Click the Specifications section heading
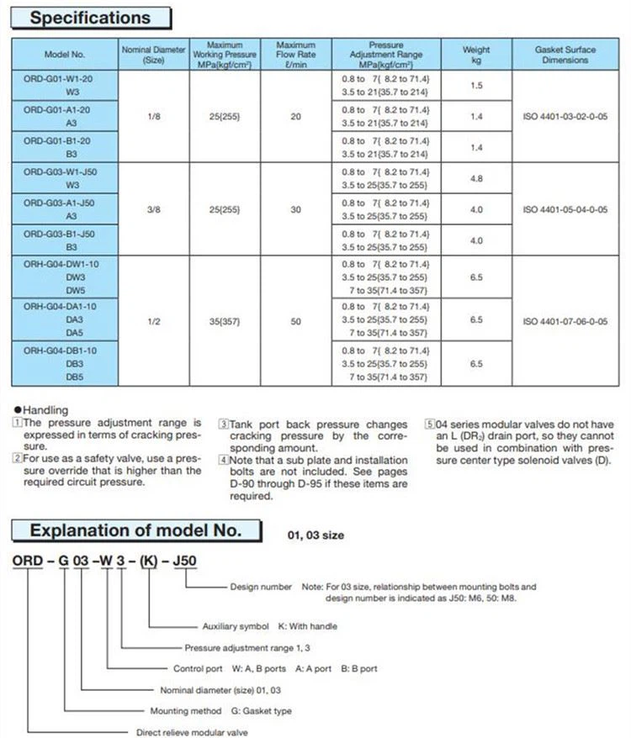[x=90, y=18]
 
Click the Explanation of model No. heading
[x=135, y=530]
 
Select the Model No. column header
[x=65, y=55]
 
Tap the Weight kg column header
[x=476, y=55]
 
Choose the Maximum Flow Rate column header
[x=295, y=55]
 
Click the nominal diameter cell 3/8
[x=153, y=209]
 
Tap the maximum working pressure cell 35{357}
[x=225, y=320]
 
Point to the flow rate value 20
[x=295, y=117]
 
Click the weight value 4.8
[x=476, y=178]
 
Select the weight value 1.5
[x=476, y=87]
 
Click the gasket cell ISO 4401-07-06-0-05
[x=565, y=320]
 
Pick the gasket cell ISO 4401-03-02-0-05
[x=565, y=117]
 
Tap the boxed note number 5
[x=429, y=424]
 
